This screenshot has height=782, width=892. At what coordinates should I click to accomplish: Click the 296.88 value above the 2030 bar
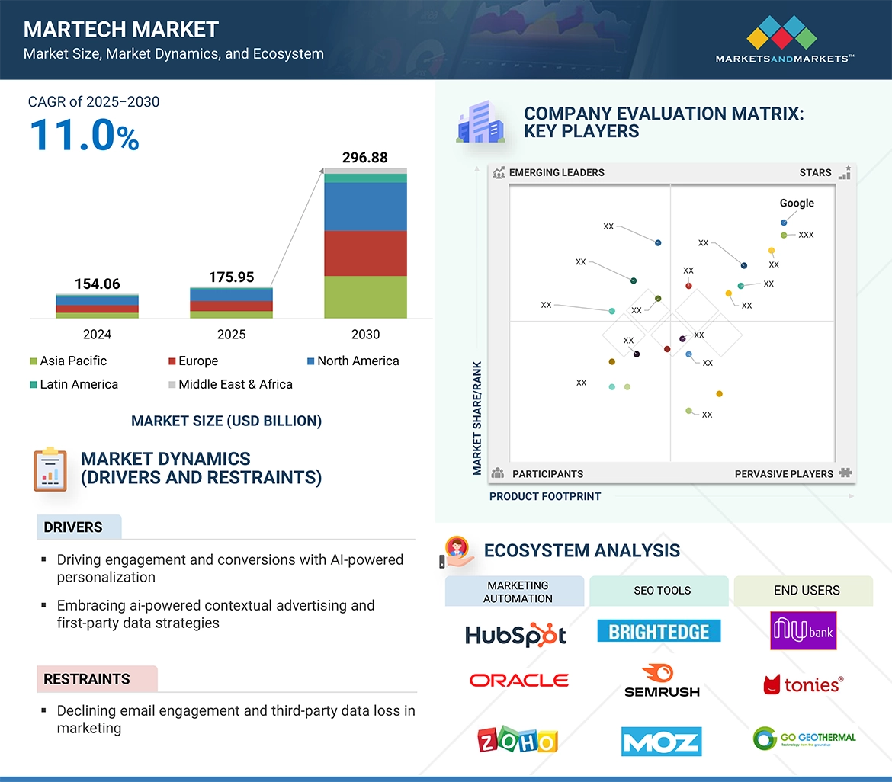pos(365,158)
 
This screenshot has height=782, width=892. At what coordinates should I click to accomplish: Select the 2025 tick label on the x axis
pos(232,335)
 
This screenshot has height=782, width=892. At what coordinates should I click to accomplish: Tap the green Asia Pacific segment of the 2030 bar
pos(365,296)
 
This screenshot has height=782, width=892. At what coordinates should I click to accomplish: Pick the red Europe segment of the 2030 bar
pos(365,253)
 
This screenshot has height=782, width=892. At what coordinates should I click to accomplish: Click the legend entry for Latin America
pos(73,384)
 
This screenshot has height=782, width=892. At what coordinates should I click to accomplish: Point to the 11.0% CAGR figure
pos(84,135)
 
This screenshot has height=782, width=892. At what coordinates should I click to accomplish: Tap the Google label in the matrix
pos(797,204)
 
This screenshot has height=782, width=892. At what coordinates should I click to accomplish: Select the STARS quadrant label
pos(815,173)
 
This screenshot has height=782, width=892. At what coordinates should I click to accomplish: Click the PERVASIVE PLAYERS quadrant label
pos(784,474)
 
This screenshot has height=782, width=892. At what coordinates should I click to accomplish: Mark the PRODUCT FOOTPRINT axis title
pos(545,496)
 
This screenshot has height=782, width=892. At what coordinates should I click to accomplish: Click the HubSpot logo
pos(515,634)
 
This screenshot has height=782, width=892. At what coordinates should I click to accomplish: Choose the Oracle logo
pos(518,680)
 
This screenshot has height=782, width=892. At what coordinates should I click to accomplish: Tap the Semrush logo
pos(662,681)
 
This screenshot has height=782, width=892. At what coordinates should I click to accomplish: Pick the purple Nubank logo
pos(803,630)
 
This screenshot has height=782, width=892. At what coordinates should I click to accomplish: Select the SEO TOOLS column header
pos(662,591)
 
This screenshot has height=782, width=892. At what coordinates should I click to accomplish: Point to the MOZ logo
pos(661,741)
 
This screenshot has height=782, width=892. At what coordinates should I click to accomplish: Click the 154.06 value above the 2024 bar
pos(97,284)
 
